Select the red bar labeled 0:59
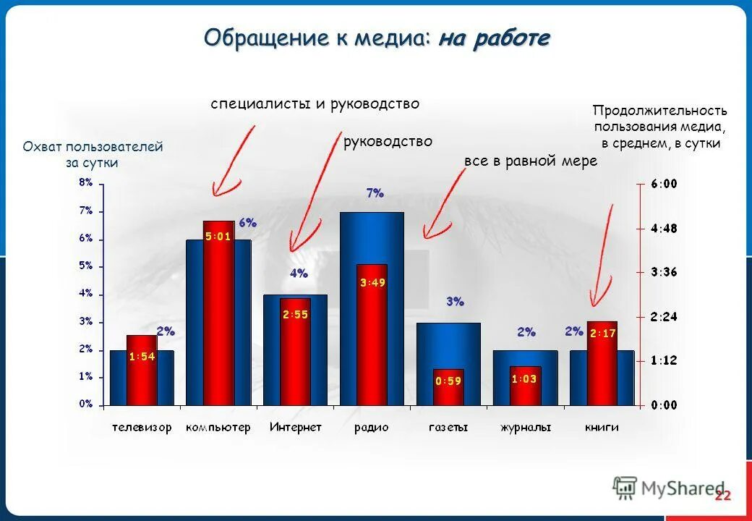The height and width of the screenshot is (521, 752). click(449, 387)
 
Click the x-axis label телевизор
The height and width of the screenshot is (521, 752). click(142, 428)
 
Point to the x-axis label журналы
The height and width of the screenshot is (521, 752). click(526, 428)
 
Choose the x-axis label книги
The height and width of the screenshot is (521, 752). click(602, 428)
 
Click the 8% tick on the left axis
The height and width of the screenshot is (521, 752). click(85, 183)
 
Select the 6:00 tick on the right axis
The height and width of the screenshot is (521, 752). click(664, 184)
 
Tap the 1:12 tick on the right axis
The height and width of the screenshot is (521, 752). click(664, 360)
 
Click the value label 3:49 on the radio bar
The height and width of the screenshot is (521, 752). click(372, 283)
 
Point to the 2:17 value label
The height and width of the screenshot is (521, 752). click(602, 334)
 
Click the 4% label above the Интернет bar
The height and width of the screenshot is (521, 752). click(299, 274)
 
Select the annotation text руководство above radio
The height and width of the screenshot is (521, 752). click(388, 142)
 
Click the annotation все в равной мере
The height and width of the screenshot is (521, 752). click(531, 161)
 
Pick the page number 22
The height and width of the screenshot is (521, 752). click(722, 496)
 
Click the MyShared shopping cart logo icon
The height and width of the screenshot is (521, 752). click(624, 488)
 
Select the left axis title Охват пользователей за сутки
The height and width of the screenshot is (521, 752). click(93, 155)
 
